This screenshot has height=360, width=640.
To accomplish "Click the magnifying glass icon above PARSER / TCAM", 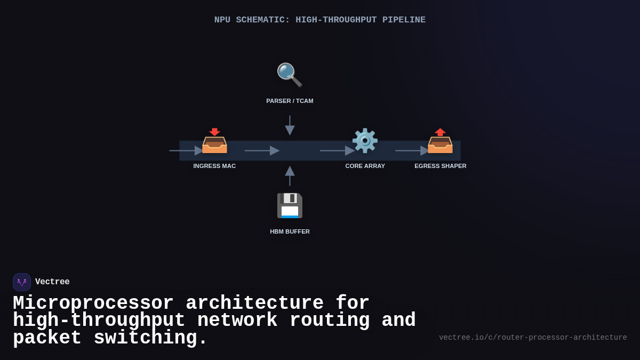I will click(x=289, y=75).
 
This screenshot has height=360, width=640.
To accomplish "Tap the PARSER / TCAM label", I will click(x=290, y=101).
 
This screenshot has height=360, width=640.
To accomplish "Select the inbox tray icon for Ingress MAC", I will click(x=214, y=141).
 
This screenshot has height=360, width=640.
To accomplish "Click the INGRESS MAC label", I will click(x=214, y=166).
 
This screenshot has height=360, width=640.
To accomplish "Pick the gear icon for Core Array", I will click(x=365, y=141).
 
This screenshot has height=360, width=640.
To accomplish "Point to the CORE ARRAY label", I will click(x=365, y=166).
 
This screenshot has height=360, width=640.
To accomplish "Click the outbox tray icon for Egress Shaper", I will click(x=440, y=141).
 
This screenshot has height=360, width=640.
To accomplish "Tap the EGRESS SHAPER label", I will click(x=440, y=166).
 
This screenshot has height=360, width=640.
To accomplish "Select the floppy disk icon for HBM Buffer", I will click(x=290, y=205).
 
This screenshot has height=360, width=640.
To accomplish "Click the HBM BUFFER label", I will click(x=290, y=231).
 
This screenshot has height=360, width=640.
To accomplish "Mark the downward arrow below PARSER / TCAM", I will click(x=290, y=126).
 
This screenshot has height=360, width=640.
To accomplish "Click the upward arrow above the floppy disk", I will click(x=290, y=175).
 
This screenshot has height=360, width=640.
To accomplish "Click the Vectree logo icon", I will click(x=22, y=282).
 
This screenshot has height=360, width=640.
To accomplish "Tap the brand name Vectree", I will click(x=52, y=282).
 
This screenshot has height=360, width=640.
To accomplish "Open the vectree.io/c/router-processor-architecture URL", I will click(x=533, y=338).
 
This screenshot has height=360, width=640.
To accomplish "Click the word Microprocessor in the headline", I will click(x=93, y=303).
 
